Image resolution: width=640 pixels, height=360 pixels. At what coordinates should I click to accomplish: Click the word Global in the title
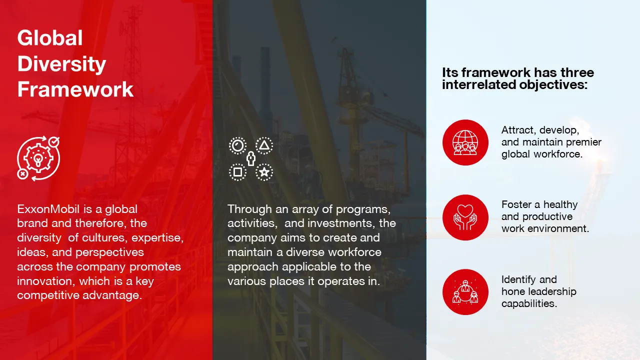click(50, 38)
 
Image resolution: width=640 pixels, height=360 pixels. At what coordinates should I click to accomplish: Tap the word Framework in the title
click(75, 89)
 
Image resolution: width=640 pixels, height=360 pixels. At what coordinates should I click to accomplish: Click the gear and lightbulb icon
click(38, 158)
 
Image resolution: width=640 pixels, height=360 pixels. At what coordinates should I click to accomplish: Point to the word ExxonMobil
click(48, 209)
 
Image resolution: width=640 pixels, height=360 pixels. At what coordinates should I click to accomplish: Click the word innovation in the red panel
click(46, 281)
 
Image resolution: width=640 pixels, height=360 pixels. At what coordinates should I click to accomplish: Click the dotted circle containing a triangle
click(264, 145)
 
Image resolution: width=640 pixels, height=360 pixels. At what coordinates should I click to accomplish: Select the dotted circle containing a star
click(264, 172)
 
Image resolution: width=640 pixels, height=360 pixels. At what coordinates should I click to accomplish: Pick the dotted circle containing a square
click(237, 172)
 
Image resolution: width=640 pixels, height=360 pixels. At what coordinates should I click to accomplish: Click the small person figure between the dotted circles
click(251, 159)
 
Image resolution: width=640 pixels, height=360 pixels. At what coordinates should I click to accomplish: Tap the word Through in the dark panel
click(249, 209)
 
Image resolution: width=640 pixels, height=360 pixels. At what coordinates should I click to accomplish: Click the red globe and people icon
click(465, 142)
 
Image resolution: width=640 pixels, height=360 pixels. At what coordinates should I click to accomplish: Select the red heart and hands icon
click(465, 217)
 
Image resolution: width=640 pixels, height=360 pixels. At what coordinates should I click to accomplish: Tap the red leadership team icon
click(465, 292)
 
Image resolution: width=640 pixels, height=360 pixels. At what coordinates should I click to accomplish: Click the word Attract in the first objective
click(519, 130)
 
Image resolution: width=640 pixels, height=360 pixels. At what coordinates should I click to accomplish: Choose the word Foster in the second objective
click(516, 205)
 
